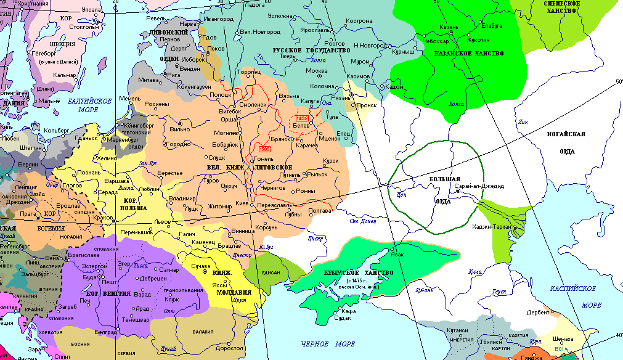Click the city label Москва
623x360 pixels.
pos(317,70)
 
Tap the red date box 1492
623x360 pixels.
pos(302,117)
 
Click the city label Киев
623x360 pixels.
pos(242,203)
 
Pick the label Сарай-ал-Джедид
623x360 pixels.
pos(479,186)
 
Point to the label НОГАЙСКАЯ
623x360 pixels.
pos(566,134)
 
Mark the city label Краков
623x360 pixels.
pos(103,218)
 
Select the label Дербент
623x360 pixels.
pos(538,312)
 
